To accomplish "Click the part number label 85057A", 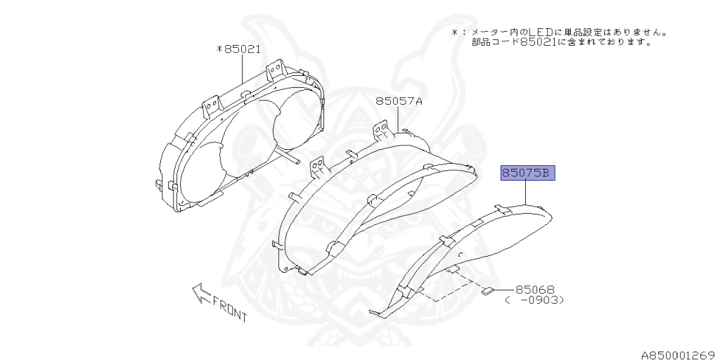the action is click(399, 101).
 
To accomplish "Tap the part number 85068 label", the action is click(535, 289).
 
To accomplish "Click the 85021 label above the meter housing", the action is click(243, 50).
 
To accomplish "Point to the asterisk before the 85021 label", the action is click(219, 50).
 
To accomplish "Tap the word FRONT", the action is click(230, 310).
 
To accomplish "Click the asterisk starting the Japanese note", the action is click(456, 32).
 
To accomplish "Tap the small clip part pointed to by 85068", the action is click(487, 290).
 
